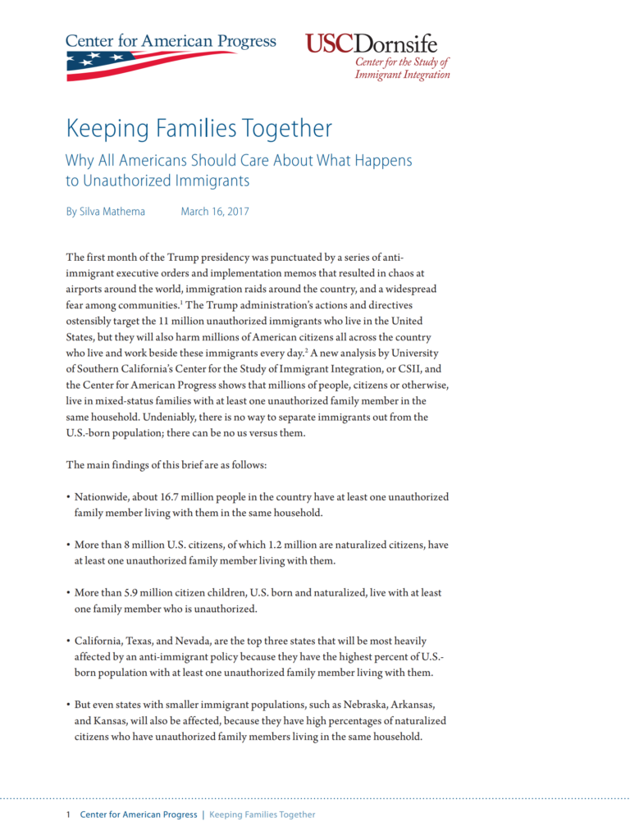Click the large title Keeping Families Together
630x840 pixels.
coord(199,129)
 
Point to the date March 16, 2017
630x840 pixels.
coord(215,212)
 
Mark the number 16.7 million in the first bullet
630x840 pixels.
coord(200,497)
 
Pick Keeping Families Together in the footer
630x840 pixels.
coord(262,815)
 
